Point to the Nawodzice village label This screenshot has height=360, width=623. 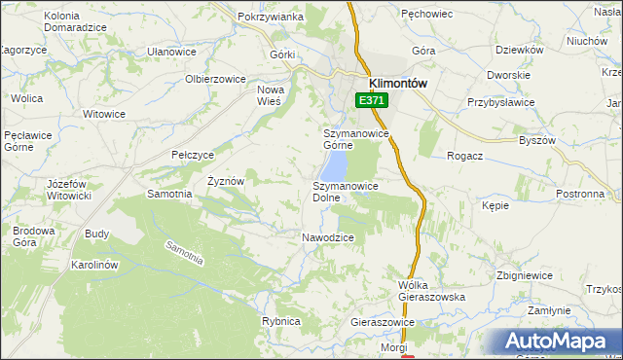(327, 237)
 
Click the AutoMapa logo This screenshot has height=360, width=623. (555, 342)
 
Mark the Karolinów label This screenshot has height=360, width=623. (94, 265)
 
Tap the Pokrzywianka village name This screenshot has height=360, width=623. (271, 18)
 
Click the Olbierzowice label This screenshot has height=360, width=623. (215, 78)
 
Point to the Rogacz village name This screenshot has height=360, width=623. (466, 156)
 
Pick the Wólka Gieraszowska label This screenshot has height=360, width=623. (432, 291)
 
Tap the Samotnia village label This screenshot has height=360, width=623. (169, 194)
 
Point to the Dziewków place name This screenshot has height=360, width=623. (519, 50)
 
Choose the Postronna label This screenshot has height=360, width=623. (580, 194)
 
